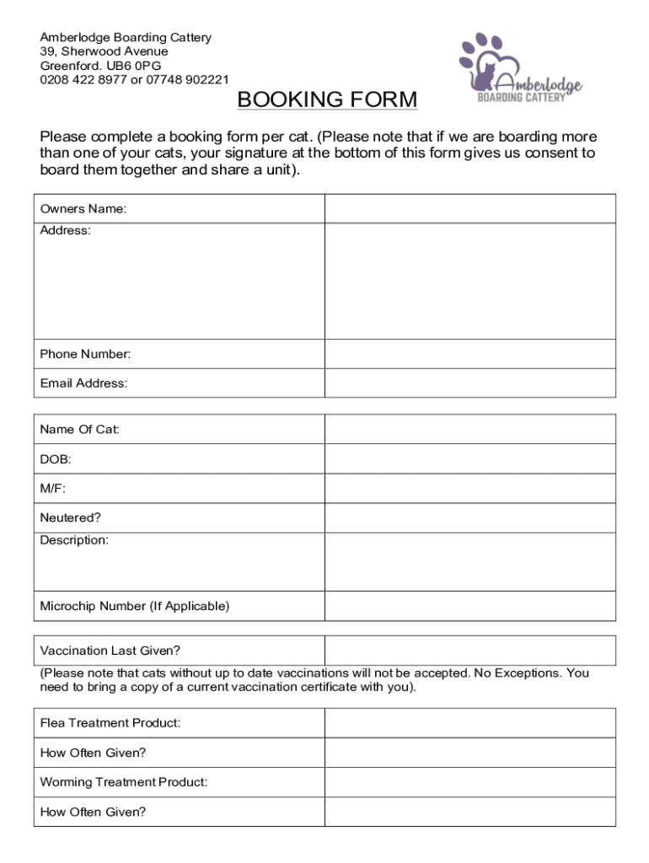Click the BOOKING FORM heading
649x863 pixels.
[x=327, y=100]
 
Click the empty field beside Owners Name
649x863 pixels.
[x=470, y=209]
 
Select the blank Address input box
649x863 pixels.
[x=470, y=281]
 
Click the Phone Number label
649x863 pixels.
[x=85, y=354]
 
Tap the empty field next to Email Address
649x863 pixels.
[x=470, y=383]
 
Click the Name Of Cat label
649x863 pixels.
[x=80, y=430]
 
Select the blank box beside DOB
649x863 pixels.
[x=470, y=459]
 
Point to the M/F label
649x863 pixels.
[x=52, y=489]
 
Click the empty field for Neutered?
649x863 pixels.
[x=470, y=517]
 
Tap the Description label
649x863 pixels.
[x=74, y=540]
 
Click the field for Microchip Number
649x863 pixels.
[x=470, y=606]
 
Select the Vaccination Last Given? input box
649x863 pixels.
[x=470, y=651]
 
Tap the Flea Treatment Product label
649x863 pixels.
[x=110, y=723]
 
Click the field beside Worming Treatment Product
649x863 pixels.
[x=470, y=782]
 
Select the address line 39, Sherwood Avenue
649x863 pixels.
[x=104, y=51]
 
